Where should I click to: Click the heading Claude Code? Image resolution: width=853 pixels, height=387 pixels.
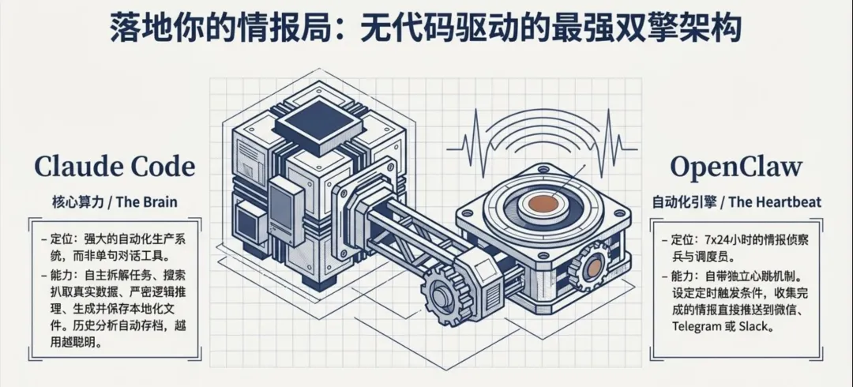[114, 167]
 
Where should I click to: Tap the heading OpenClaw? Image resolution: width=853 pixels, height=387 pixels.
[736, 167]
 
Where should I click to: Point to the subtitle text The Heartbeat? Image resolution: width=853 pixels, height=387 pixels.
[775, 202]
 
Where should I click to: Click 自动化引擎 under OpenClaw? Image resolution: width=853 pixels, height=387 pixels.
[683, 202]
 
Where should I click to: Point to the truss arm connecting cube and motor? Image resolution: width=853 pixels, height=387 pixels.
[395, 237]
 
